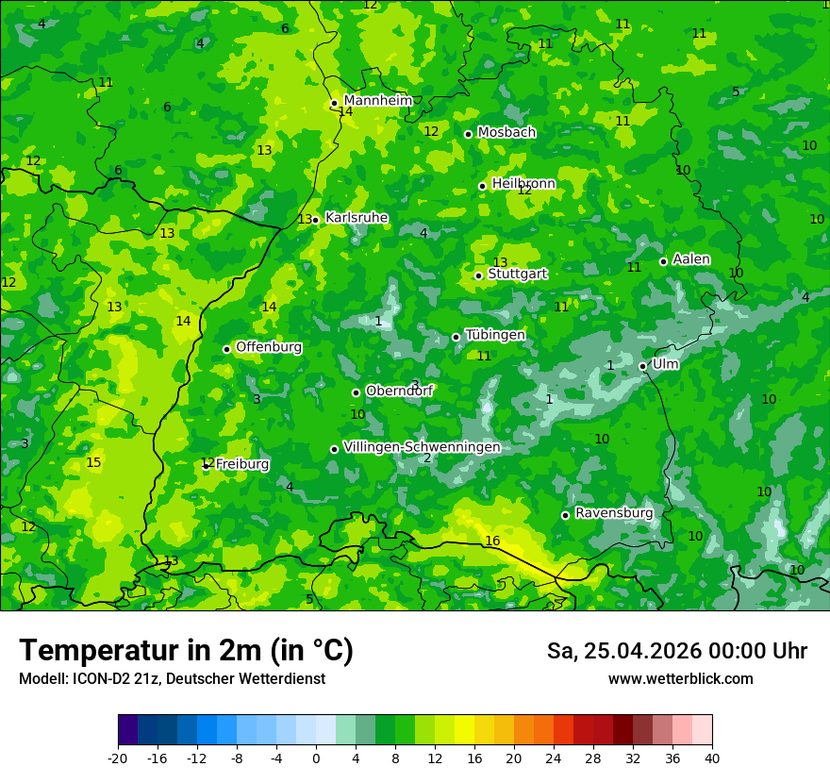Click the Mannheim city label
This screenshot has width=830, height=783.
pos(378,101)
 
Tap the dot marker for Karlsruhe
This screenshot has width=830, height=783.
pos(315,220)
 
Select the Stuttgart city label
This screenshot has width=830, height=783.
pos(518,275)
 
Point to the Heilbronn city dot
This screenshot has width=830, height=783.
pos(482,186)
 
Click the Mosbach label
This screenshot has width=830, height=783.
pos(506,133)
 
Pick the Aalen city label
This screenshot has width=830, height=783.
pos(691,259)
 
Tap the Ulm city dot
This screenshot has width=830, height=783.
pos(642,366)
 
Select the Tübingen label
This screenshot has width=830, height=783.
pos(495,335)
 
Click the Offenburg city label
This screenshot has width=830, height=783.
pos(269,347)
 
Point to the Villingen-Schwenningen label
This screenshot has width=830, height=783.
pos(422,447)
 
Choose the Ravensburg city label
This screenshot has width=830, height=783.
pos(614,513)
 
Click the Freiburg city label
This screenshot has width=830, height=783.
pos(242,464)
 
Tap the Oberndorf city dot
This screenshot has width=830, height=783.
pos(356,392)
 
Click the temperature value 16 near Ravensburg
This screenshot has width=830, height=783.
pos(492,541)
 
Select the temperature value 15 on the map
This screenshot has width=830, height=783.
pos(93,462)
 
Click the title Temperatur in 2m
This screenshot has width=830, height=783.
pos(186,650)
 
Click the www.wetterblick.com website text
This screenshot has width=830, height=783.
pos(680,679)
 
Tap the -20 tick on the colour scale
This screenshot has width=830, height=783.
pos(118,758)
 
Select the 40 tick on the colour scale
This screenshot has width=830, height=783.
pos(712,758)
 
